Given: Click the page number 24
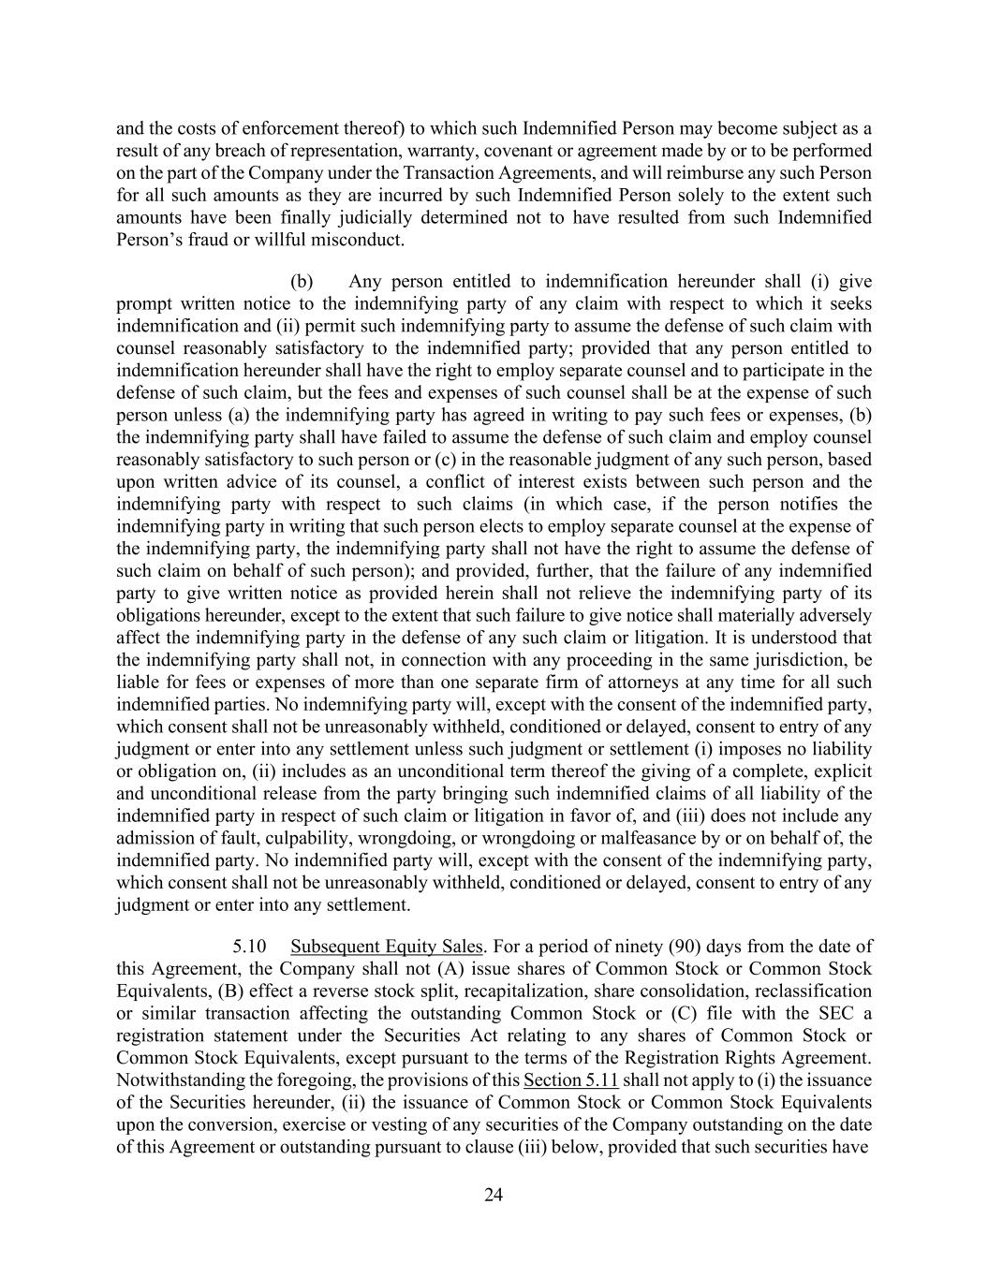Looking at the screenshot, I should click(x=494, y=1194).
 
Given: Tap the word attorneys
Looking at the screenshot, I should click(x=642, y=682).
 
